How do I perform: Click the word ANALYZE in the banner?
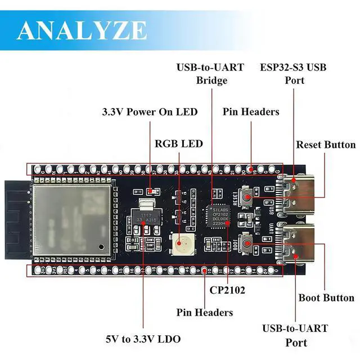82,29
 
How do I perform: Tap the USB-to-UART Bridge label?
210,74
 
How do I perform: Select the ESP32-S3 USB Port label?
292,74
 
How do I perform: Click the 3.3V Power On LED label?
150,112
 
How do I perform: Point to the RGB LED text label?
179,143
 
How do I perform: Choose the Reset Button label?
326,145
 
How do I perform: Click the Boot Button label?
326,298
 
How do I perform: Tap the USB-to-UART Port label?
295,335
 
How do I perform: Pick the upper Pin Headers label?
251,112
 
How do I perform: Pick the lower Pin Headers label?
204,312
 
